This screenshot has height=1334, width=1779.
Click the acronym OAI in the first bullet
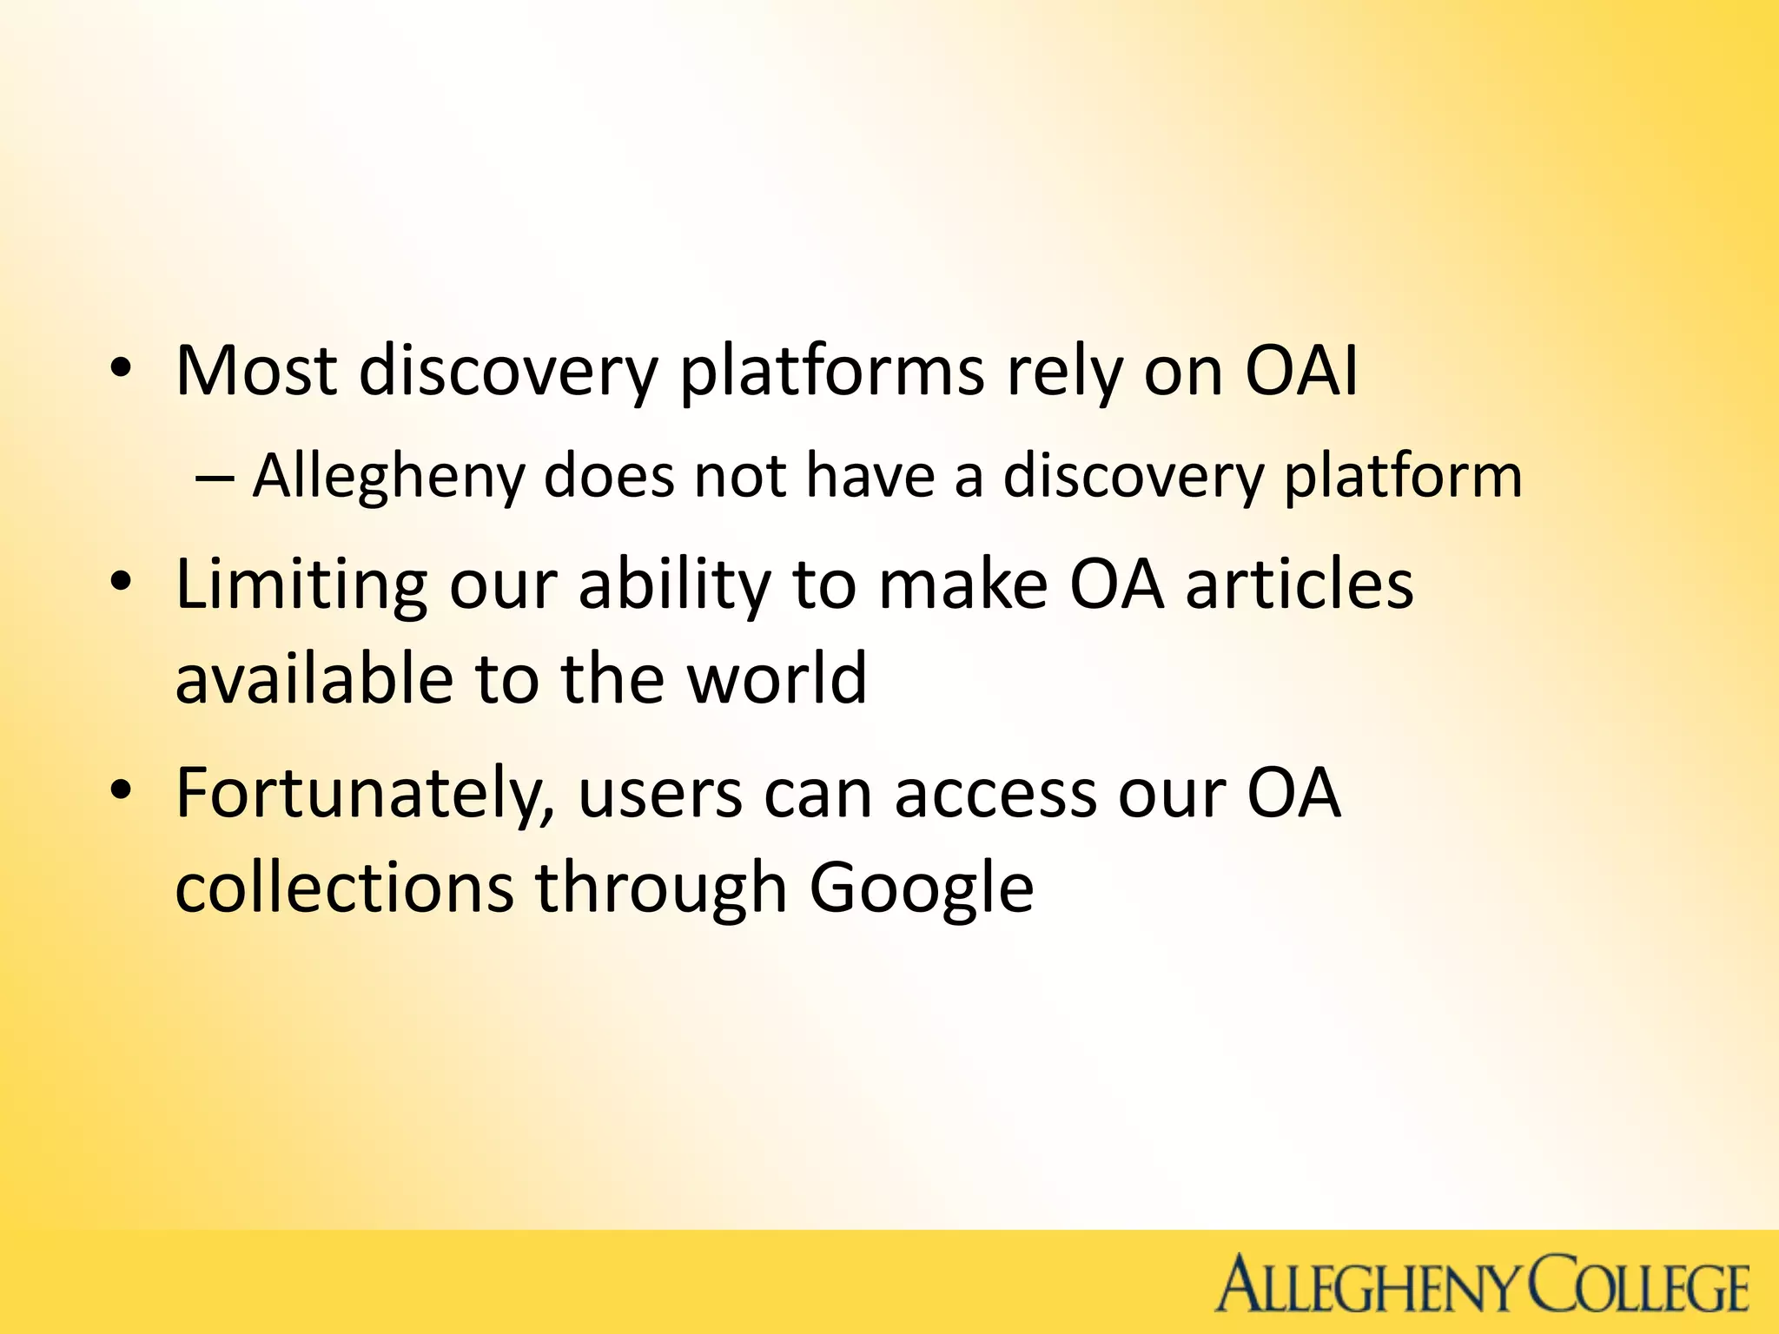click(x=1300, y=372)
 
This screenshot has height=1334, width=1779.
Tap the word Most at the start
click(x=256, y=372)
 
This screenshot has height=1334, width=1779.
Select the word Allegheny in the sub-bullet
click(x=388, y=477)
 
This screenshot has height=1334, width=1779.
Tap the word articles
click(x=1300, y=584)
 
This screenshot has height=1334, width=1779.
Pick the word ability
click(x=674, y=584)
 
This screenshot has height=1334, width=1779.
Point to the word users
click(x=660, y=794)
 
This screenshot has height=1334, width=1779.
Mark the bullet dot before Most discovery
click(x=122, y=368)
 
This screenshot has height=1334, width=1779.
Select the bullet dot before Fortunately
click(x=122, y=789)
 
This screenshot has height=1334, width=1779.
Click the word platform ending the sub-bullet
click(x=1402, y=477)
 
